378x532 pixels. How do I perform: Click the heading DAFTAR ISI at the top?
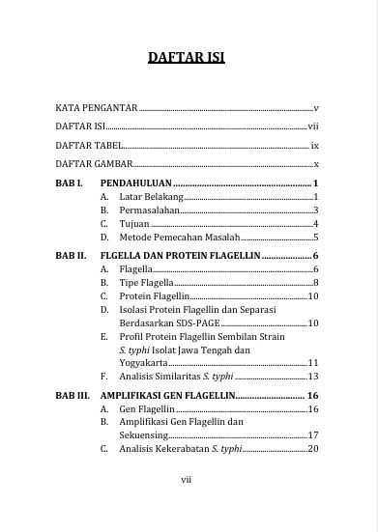187,57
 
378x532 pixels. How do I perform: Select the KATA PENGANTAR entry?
97,108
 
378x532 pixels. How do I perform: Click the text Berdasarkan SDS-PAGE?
169,323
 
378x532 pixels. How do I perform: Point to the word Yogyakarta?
148,363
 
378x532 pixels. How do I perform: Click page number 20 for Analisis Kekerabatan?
312,450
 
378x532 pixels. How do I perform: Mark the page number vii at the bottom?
188,478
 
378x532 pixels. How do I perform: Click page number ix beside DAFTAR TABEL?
314,145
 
